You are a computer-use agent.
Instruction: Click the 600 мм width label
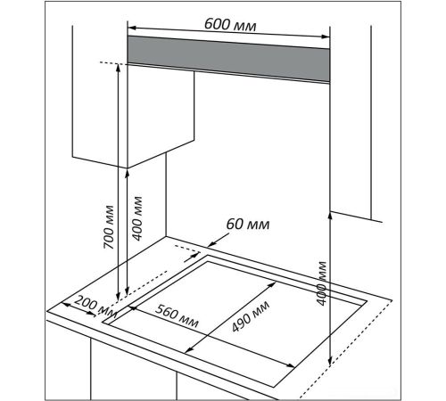pos(230,24)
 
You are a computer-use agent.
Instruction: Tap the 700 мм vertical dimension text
pos(109,227)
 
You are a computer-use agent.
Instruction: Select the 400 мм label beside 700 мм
pos(137,218)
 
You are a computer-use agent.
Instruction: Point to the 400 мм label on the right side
pos(321,283)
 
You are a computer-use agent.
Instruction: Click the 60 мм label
pos(248,225)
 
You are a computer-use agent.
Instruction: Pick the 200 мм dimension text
pos(95,307)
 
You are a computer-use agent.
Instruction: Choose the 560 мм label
pos(177,315)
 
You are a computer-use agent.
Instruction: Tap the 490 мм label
pos(251,316)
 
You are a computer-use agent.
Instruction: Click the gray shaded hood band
pos(228,59)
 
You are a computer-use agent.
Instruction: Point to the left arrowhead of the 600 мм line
pos(131,28)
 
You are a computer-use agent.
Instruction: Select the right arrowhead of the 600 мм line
pos(326,37)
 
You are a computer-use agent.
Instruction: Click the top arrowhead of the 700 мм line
pos(118,67)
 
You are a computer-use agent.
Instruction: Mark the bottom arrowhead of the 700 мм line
pos(118,297)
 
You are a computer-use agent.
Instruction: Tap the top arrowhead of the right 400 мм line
pos(329,216)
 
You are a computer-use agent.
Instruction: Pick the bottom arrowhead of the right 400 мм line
pos(329,361)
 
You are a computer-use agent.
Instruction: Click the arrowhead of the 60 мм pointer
pos(211,244)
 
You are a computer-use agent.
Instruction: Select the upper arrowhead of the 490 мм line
pos(272,284)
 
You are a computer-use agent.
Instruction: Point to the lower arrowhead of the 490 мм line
pos(188,350)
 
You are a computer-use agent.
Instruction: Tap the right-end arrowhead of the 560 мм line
pos(291,365)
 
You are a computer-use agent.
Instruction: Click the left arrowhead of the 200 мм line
pos(65,304)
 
